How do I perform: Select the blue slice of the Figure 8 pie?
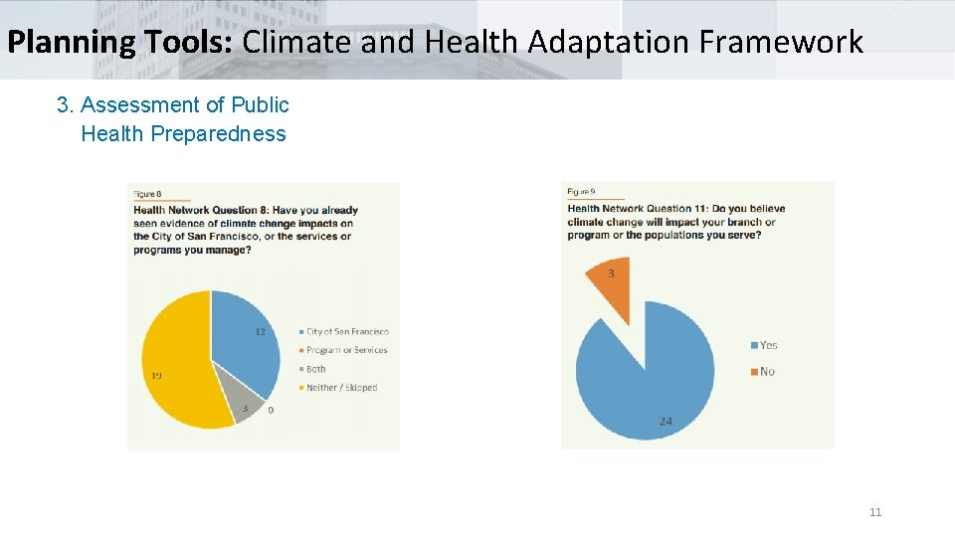coord(244,343)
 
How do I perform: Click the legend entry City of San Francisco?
coord(347,332)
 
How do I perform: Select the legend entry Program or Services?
coord(346,350)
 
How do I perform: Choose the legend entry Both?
coord(315,369)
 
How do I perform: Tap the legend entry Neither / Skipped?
coord(341,388)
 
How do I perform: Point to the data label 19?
coord(156,376)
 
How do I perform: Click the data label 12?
coord(260,332)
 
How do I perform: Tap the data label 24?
coord(665,422)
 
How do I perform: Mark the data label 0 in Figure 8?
coord(271,410)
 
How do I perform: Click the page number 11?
coord(875,512)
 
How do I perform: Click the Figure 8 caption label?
coord(147,193)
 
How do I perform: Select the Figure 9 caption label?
coord(581,191)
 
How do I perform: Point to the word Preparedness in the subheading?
coord(217,134)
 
